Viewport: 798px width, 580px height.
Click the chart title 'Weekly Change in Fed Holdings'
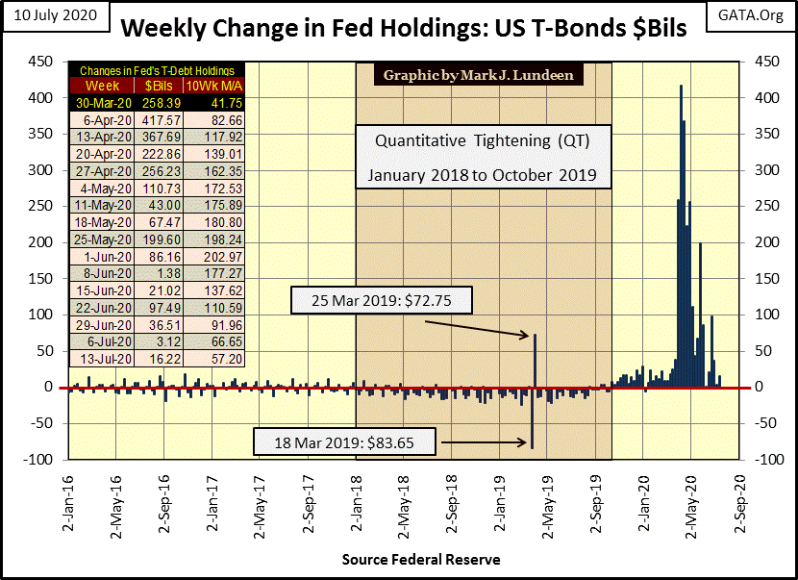pyautogui.click(x=404, y=29)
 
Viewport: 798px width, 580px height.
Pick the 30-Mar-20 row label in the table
pyautogui.click(x=96, y=102)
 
